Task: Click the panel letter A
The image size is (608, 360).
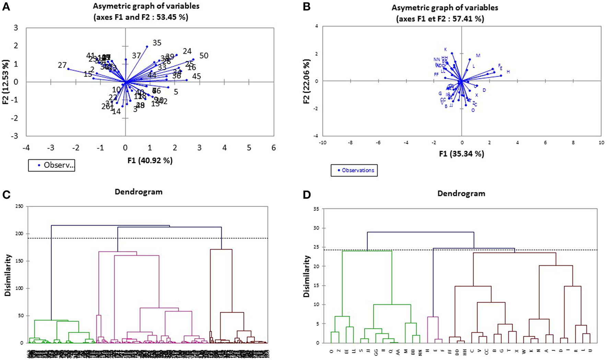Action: [6, 7]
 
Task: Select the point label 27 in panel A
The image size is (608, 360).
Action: [62, 65]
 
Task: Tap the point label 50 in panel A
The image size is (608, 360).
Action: [204, 56]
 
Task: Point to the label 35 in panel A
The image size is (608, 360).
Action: [157, 43]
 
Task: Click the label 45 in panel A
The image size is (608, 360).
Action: [196, 77]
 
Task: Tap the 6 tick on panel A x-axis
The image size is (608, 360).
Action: [273, 148]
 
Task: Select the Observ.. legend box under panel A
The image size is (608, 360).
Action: [51, 165]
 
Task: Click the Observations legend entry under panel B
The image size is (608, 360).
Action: [354, 170]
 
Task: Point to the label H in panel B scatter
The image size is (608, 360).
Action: [508, 72]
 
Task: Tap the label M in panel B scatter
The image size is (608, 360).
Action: [478, 56]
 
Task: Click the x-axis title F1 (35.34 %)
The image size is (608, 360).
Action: [461, 154]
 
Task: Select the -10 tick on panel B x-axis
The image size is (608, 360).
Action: [323, 143]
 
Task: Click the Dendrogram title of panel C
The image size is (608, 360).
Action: [139, 191]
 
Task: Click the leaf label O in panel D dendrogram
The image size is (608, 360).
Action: [331, 350]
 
